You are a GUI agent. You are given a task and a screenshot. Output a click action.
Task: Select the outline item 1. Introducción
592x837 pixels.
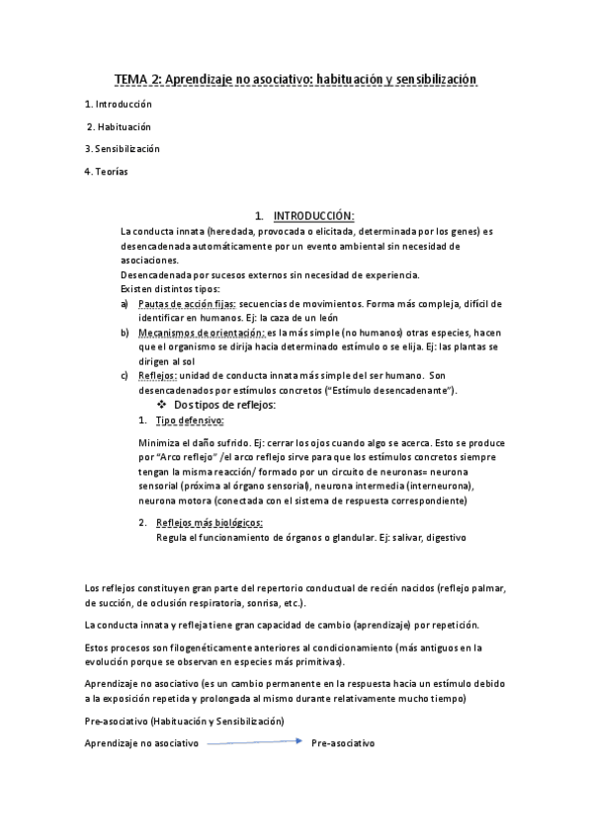tap(119, 104)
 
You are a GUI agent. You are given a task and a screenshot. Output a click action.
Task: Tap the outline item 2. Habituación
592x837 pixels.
tap(120, 126)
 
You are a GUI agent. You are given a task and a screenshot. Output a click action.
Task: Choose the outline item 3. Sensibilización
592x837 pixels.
tap(123, 149)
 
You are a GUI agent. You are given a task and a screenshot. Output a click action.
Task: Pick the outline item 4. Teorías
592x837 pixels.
tap(106, 172)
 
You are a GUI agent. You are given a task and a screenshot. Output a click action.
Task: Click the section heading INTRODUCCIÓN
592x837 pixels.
tap(313, 216)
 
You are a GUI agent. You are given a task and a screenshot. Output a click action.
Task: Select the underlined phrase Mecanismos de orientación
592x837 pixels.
tap(196, 334)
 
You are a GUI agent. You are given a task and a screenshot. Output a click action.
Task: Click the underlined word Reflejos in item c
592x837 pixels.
tap(158, 376)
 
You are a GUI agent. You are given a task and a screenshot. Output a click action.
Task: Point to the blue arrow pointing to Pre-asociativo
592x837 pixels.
tap(253, 742)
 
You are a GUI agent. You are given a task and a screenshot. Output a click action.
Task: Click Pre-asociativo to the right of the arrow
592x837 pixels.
tap(342, 742)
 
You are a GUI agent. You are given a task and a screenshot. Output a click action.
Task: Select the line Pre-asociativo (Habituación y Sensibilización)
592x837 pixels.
tap(185, 722)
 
